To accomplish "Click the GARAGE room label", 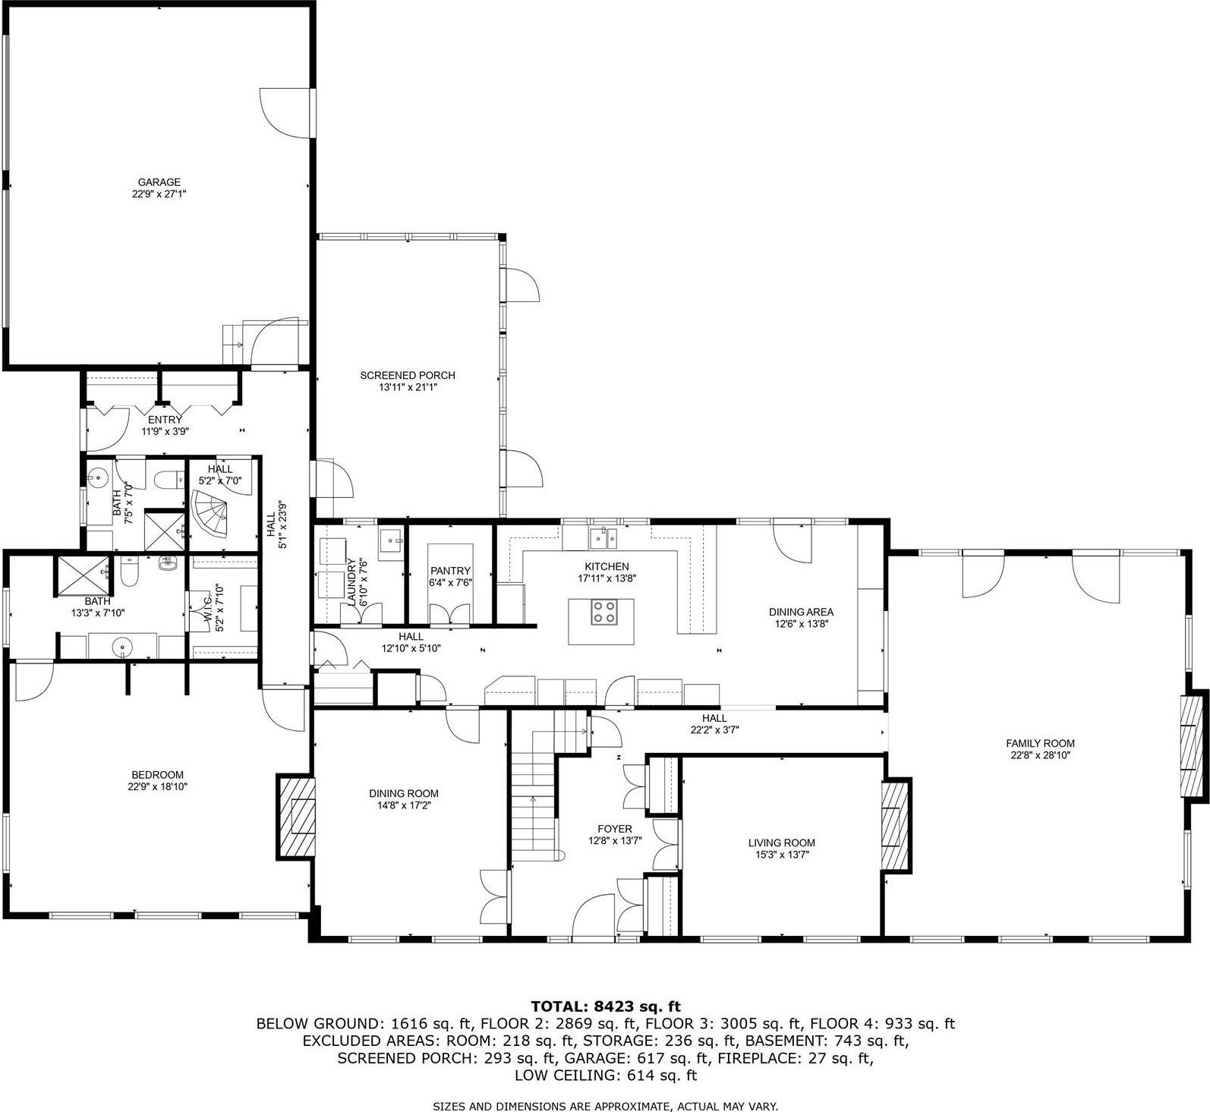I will pyautogui.click(x=159, y=182).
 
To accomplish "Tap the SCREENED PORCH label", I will pyautogui.click(x=408, y=375).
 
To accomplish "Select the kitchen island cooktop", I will pyautogui.click(x=604, y=612).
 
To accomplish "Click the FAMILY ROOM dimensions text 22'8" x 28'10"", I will pyautogui.click(x=1040, y=755).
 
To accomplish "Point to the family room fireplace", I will pyautogui.click(x=1192, y=745).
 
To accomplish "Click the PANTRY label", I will pyautogui.click(x=450, y=571).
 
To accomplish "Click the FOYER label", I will pyautogui.click(x=615, y=829).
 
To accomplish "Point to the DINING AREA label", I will pyautogui.click(x=801, y=612).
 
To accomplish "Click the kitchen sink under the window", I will pyautogui.click(x=604, y=538).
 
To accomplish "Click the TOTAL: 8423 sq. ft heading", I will pyautogui.click(x=605, y=1006).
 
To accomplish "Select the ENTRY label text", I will pyautogui.click(x=165, y=420).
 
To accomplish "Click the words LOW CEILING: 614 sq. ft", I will pyautogui.click(x=605, y=1075).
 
